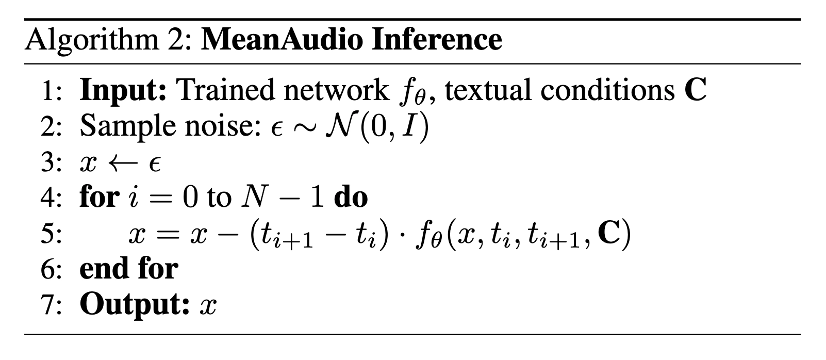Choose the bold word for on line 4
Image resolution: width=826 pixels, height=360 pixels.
coord(98,197)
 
